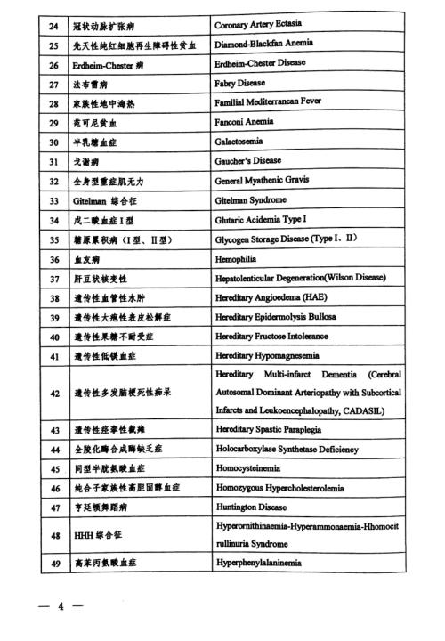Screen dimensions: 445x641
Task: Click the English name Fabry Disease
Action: [240, 84]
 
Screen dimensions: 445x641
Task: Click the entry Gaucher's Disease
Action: [248, 161]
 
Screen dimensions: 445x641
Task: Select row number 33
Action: [53, 200]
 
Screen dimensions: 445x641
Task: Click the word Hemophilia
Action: [239, 259]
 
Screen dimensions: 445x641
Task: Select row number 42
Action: [53, 392]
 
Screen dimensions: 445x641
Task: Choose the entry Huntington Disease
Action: [253, 507]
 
